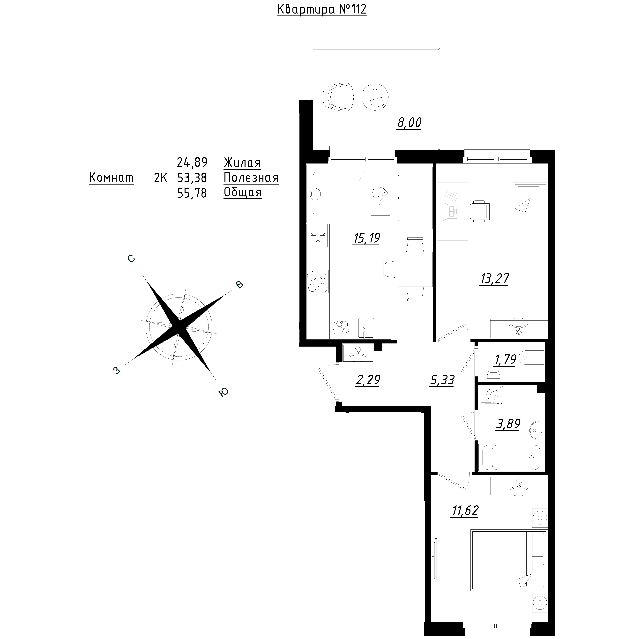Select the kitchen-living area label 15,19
pyautogui.click(x=366, y=238)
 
